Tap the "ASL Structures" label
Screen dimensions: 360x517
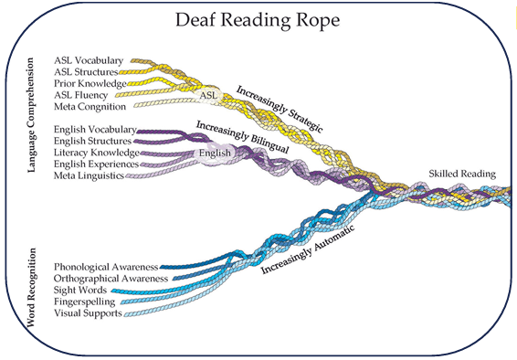pyautogui.click(x=87, y=71)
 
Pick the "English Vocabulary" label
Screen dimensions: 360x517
pyautogui.click(x=95, y=130)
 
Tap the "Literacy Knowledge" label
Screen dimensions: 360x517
pyautogui.click(x=95, y=153)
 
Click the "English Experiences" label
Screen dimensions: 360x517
pyautogui.click(x=96, y=164)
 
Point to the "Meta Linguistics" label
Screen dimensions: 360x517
pyautogui.click(x=90, y=175)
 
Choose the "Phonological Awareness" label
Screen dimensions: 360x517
pyautogui.click(x=111, y=267)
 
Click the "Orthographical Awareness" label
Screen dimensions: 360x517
pyautogui.click(x=111, y=278)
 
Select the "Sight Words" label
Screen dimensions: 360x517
pyautogui.click(x=80, y=290)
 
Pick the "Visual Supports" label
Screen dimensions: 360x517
pyautogui.click(x=88, y=312)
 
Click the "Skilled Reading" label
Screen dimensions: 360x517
pyautogui.click(x=463, y=174)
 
